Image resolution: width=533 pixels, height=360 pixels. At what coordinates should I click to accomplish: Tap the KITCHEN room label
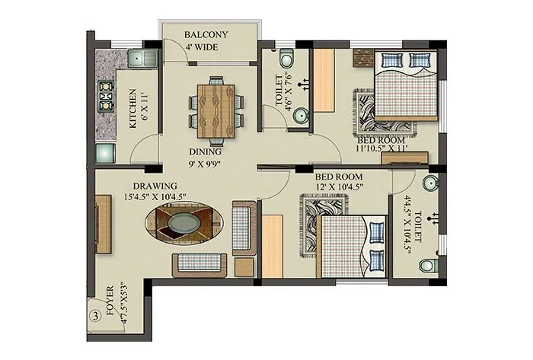pos(134,111)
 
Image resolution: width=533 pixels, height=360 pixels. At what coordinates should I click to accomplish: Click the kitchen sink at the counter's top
pos(139,58)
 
